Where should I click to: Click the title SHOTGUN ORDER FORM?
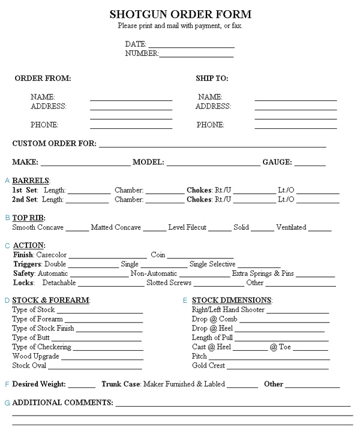(x=180, y=14)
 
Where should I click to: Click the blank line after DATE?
(x=191, y=46)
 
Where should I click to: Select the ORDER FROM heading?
(x=43, y=79)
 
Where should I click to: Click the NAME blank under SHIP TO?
(x=295, y=99)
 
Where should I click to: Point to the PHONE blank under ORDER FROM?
(x=131, y=127)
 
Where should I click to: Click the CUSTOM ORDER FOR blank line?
(x=212, y=146)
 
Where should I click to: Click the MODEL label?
(x=148, y=162)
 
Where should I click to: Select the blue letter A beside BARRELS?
(x=7, y=181)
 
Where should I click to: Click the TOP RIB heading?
(x=28, y=218)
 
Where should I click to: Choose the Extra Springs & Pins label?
(x=263, y=273)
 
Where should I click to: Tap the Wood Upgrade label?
(x=35, y=356)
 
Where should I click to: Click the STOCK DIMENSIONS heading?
(x=232, y=300)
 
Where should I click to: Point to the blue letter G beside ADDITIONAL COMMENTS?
(x=7, y=402)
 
